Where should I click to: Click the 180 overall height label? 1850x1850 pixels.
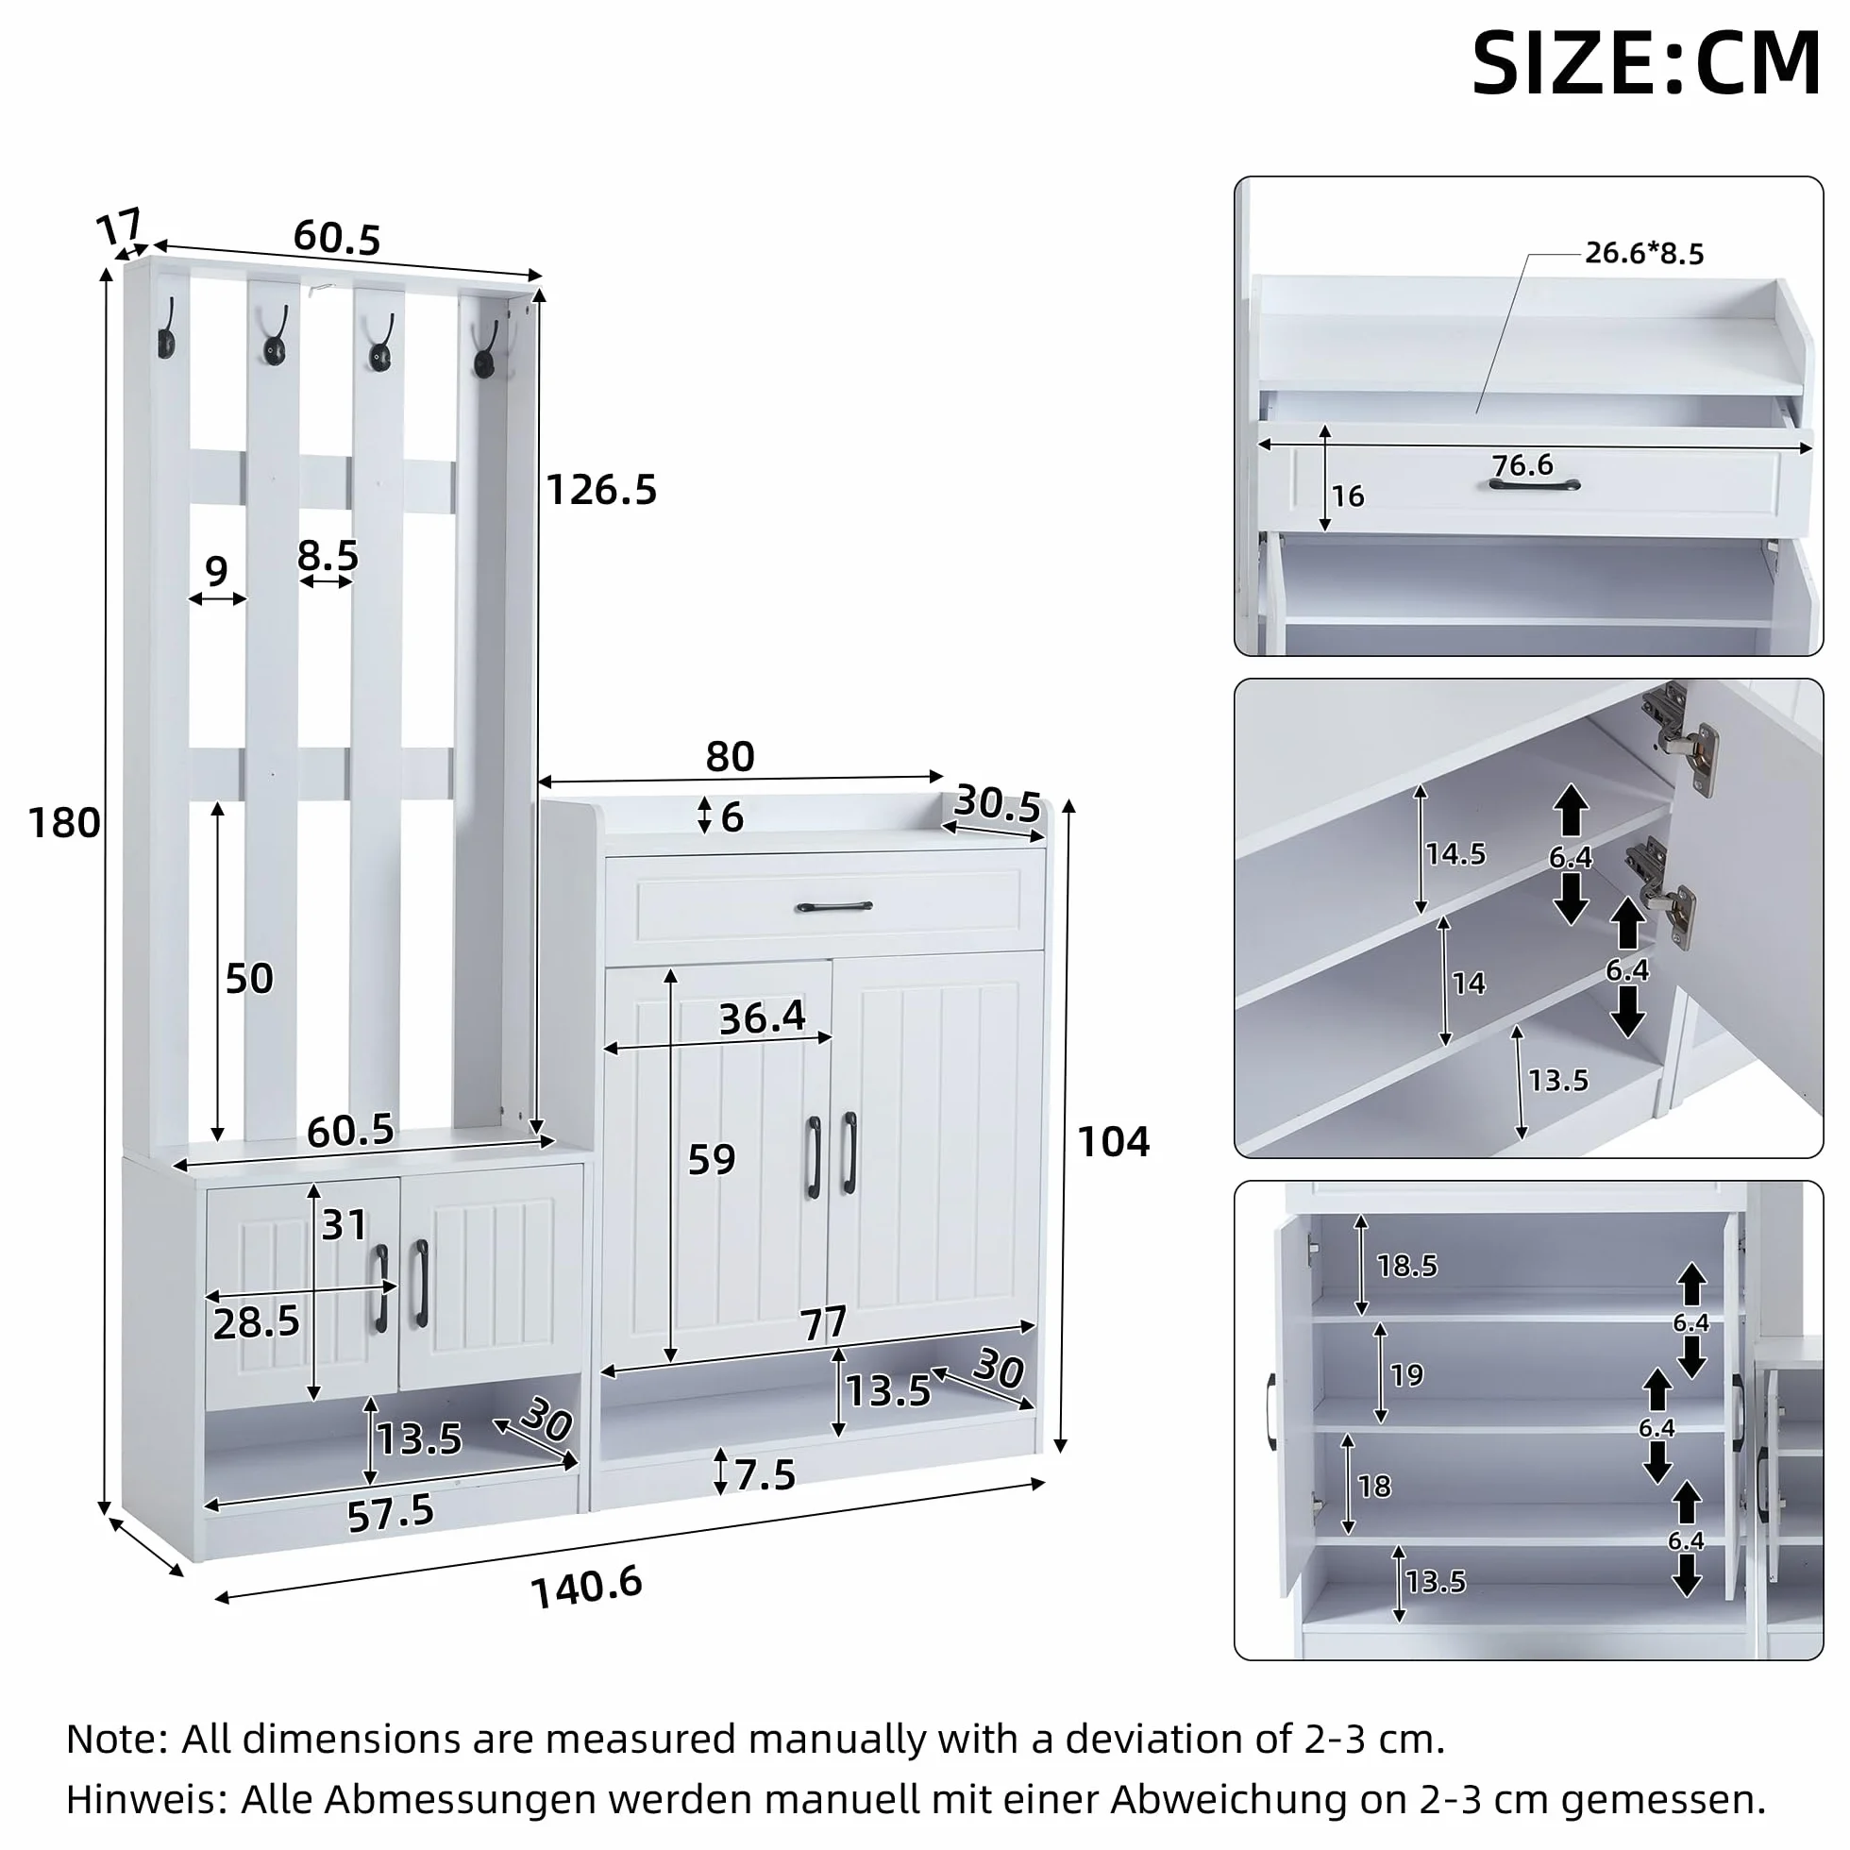pyautogui.click(x=64, y=822)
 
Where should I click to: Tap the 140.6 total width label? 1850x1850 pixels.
pyautogui.click(x=586, y=1588)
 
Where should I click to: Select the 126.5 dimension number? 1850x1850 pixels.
pyautogui.click(x=601, y=490)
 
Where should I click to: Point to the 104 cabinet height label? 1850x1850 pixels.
pyautogui.click(x=1113, y=1141)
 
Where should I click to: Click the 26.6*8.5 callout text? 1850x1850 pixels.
pyautogui.click(x=1644, y=253)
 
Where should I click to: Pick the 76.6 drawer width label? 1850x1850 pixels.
pyautogui.click(x=1522, y=465)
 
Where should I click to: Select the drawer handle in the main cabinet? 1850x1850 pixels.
pyautogui.click(x=834, y=906)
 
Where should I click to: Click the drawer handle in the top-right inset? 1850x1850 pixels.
pyautogui.click(x=1534, y=484)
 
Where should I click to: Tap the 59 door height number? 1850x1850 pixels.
pyautogui.click(x=712, y=1160)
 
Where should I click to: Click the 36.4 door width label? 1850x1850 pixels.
pyautogui.click(x=763, y=1017)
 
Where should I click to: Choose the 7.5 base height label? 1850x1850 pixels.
pyautogui.click(x=765, y=1475)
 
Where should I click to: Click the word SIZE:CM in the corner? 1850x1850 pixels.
pyautogui.click(x=1646, y=63)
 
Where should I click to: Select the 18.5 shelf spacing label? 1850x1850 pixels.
pyautogui.click(x=1406, y=1266)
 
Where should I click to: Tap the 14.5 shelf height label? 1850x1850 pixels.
pyautogui.click(x=1455, y=854)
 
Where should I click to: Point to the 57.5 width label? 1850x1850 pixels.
pyautogui.click(x=390, y=1514)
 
